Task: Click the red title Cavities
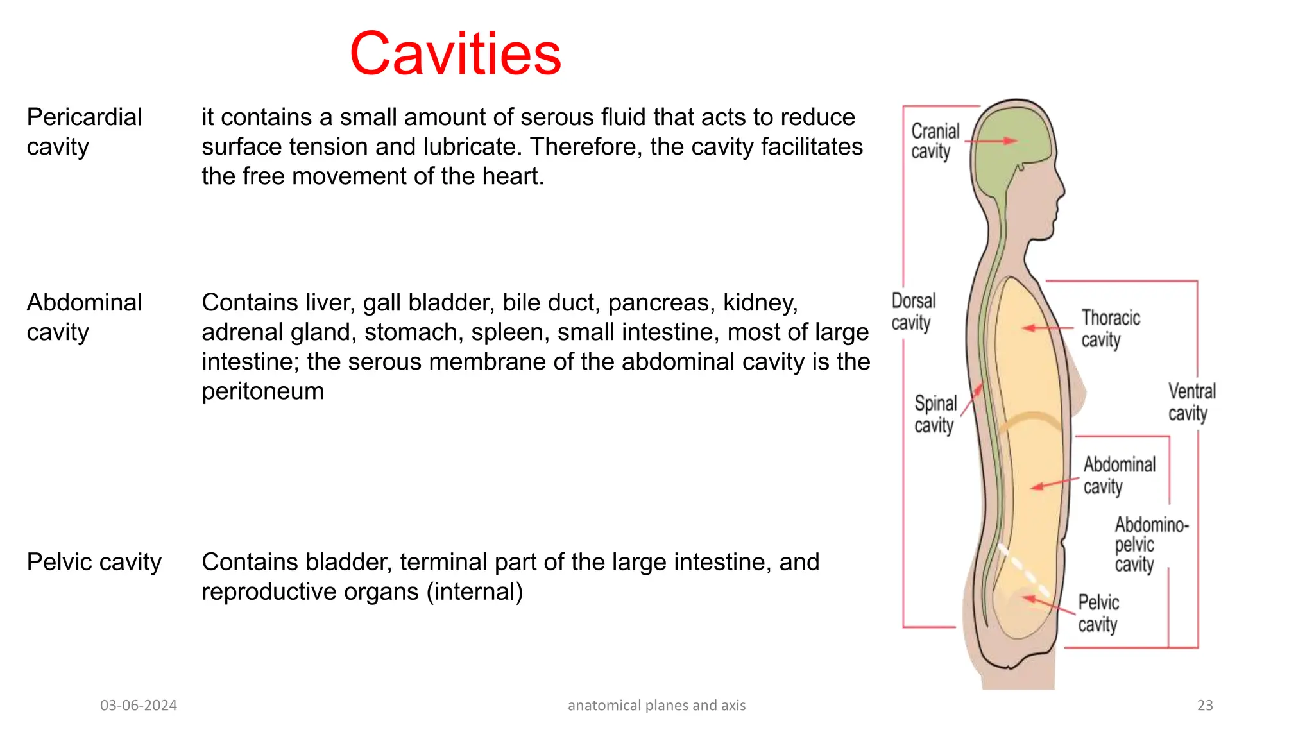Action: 455,54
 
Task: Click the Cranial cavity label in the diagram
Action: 934,141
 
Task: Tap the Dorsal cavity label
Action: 913,312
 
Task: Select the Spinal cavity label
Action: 935,414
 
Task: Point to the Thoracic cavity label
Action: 1110,328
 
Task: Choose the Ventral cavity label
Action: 1191,402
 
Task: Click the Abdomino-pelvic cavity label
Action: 1150,545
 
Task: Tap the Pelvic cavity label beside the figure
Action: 1098,613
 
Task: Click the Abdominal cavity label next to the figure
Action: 1118,475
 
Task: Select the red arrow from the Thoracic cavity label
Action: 1047,328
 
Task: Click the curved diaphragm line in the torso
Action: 1030,420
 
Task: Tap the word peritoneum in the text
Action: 262,391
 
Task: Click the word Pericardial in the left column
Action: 84,117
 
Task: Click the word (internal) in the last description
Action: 474,591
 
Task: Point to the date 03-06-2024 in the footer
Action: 138,706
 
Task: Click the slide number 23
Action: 1204,706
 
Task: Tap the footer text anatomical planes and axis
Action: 656,706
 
